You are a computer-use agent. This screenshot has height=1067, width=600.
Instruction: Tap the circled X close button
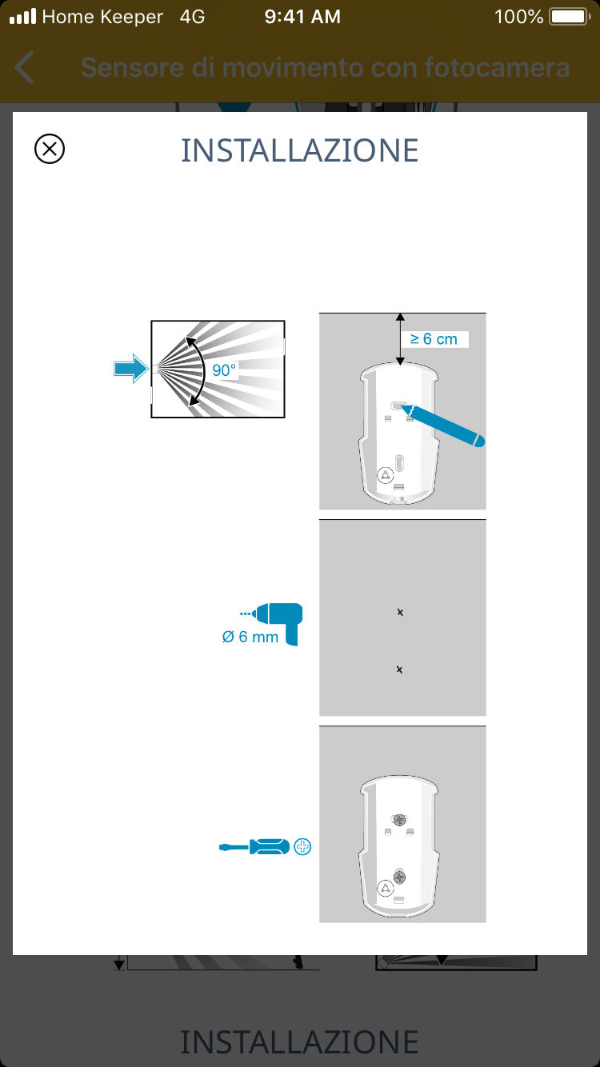(50, 149)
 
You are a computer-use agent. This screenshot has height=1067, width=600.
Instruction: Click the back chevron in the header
(24, 67)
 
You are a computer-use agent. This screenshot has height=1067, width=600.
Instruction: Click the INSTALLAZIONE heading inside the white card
(299, 151)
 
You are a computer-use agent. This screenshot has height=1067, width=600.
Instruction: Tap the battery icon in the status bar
(570, 17)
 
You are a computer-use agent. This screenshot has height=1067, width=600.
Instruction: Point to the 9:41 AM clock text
(302, 17)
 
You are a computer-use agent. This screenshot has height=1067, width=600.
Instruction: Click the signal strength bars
(23, 16)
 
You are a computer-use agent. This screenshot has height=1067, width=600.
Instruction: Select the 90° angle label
(224, 370)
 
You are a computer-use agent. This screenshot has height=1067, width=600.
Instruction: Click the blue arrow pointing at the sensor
(131, 368)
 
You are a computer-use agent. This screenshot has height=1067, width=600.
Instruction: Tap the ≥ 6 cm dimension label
(434, 339)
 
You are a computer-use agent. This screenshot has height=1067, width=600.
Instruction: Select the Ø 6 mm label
(250, 637)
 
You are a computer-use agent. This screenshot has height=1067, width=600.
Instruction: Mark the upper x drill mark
(400, 612)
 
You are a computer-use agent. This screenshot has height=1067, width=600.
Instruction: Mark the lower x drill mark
(399, 669)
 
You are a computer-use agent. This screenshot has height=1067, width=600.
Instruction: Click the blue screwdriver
(254, 846)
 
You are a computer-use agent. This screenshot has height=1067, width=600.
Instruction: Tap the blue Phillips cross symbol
(302, 846)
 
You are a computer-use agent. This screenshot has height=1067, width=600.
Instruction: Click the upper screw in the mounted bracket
(399, 820)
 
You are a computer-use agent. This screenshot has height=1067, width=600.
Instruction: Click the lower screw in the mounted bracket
(399, 877)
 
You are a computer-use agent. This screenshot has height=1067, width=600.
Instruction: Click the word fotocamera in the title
(497, 67)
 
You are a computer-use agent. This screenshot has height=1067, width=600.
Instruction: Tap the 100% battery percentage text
(519, 17)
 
